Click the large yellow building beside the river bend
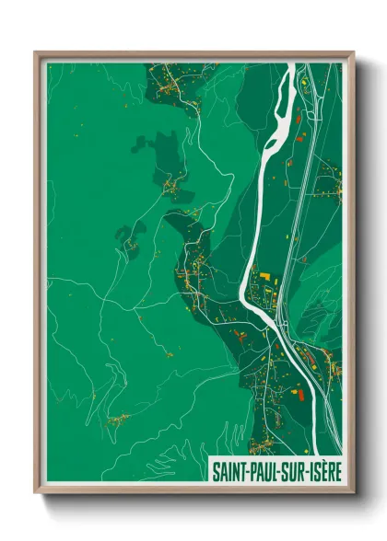[262, 276]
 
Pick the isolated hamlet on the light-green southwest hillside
[117, 420]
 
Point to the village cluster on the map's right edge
[329, 184]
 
